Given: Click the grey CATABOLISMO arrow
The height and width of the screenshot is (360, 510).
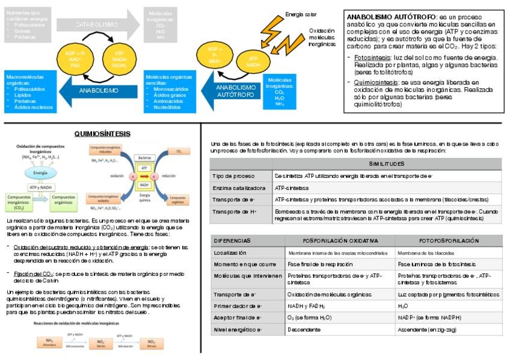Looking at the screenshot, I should click(x=96, y=25).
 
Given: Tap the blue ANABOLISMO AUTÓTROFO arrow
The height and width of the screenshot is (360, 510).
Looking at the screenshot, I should click(x=234, y=91).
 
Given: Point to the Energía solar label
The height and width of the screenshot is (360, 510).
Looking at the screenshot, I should click(x=301, y=14).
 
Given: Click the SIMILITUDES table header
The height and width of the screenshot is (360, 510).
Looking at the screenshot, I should click(x=386, y=164).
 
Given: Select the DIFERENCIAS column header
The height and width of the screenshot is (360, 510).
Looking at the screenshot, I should click(x=232, y=240).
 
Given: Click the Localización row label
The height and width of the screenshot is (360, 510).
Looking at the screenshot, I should click(x=230, y=253).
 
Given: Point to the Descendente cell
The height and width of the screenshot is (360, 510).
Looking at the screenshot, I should click(x=304, y=329).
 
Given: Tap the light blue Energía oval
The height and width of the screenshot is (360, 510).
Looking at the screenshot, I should click(x=40, y=172).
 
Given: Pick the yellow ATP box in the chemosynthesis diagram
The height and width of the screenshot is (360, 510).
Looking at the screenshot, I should click(x=144, y=168).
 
